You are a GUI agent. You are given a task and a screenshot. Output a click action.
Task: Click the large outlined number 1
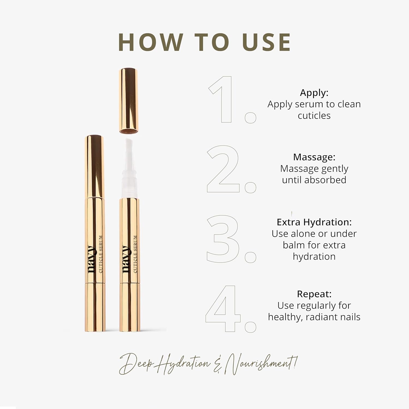(x=224, y=100)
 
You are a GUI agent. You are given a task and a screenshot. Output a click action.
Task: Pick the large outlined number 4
(x=223, y=309)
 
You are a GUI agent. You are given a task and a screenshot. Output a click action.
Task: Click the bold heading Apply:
(x=314, y=93)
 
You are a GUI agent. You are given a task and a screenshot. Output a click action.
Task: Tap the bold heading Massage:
(x=314, y=157)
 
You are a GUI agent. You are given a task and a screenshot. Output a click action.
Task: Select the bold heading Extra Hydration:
(x=314, y=222)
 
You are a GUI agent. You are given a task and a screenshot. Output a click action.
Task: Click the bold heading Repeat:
(x=314, y=294)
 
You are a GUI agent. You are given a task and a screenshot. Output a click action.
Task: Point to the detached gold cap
(x=128, y=101)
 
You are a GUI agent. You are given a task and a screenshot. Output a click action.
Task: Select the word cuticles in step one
(x=314, y=116)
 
